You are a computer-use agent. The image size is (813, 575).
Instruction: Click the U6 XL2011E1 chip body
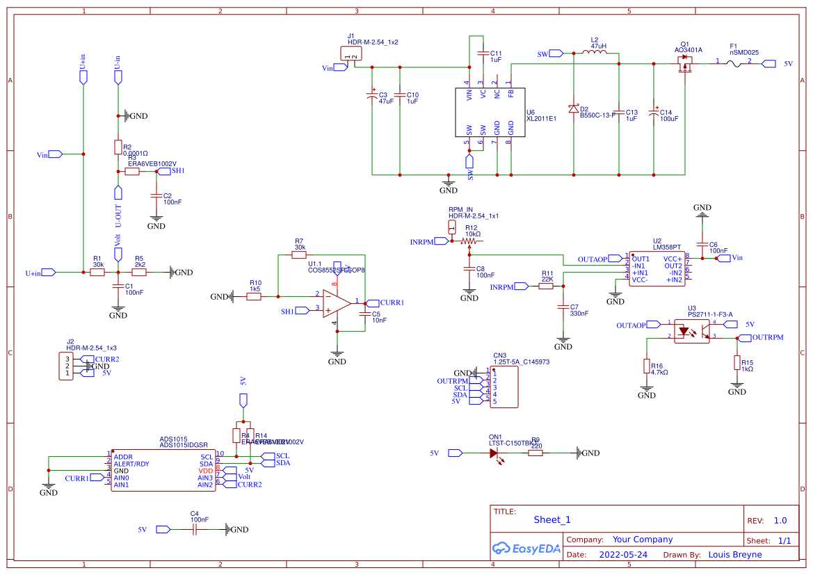coord(490,113)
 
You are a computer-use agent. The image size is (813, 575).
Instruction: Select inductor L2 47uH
coord(593,53)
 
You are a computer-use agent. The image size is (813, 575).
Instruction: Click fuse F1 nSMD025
coord(734,63)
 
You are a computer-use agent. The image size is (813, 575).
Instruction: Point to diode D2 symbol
coord(573,109)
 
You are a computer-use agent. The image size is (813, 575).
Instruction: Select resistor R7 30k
coord(300,255)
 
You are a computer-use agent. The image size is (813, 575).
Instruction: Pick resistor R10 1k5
coord(255,297)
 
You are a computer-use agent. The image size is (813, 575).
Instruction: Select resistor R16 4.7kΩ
coord(647,366)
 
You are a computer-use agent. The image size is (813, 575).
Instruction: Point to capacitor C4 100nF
coord(195,529)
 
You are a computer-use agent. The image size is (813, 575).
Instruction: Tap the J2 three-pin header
coord(67,366)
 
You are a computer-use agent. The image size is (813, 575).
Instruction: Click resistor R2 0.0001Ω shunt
coord(118,147)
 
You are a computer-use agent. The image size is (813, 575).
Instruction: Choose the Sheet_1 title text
coord(552,519)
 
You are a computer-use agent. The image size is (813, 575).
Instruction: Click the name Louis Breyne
coord(734,554)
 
